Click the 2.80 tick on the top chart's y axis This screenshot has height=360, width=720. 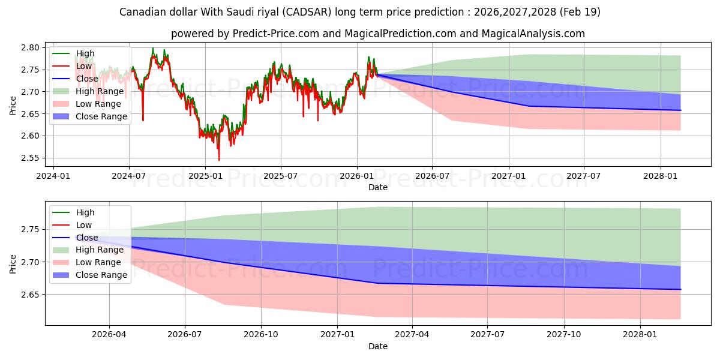(30, 48)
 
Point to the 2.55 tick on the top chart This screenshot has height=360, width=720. (30, 158)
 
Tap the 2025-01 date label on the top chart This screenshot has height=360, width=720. (205, 176)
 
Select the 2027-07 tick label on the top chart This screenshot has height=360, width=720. (583, 176)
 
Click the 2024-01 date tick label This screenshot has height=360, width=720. (53, 176)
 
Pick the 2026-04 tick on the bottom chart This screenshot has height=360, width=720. (109, 335)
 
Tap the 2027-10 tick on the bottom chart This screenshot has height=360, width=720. (564, 335)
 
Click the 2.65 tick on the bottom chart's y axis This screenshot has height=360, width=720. (30, 295)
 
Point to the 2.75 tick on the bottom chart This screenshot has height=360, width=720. (30, 230)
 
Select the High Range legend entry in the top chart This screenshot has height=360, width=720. (88, 91)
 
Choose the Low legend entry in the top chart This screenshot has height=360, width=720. (73, 66)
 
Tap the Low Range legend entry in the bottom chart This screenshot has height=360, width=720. (87, 262)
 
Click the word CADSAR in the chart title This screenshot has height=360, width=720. (307, 12)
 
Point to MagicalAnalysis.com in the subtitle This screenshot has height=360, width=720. (533, 34)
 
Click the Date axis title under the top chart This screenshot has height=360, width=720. (377, 187)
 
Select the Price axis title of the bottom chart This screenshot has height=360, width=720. (13, 264)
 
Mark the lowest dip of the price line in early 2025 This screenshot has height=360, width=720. (219, 160)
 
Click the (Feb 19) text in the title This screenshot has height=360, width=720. (580, 12)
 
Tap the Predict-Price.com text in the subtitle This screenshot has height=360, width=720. (275, 34)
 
